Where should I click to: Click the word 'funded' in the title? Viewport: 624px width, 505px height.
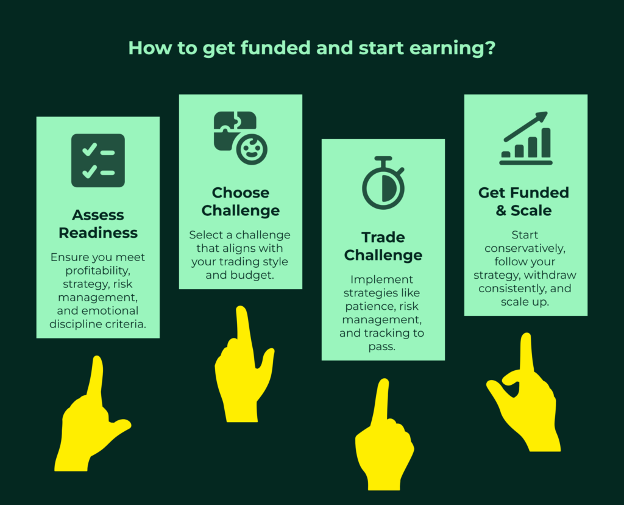tap(275, 48)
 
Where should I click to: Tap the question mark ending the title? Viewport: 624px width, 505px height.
tap(491, 48)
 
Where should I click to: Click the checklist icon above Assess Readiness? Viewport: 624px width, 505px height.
tap(98, 160)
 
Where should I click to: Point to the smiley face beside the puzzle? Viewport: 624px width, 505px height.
tap(252, 149)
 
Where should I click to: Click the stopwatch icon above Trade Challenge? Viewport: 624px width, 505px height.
tap(383, 183)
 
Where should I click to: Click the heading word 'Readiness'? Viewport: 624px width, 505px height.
tap(98, 232)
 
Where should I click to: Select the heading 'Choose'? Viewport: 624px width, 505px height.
tap(240, 193)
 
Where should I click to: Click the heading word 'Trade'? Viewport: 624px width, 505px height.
tap(383, 237)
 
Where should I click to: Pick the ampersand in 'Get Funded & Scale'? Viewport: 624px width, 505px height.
tap(501, 210)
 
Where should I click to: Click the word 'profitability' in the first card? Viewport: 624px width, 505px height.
tap(98, 271)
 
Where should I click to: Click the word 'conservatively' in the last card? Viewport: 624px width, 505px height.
tap(525, 248)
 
